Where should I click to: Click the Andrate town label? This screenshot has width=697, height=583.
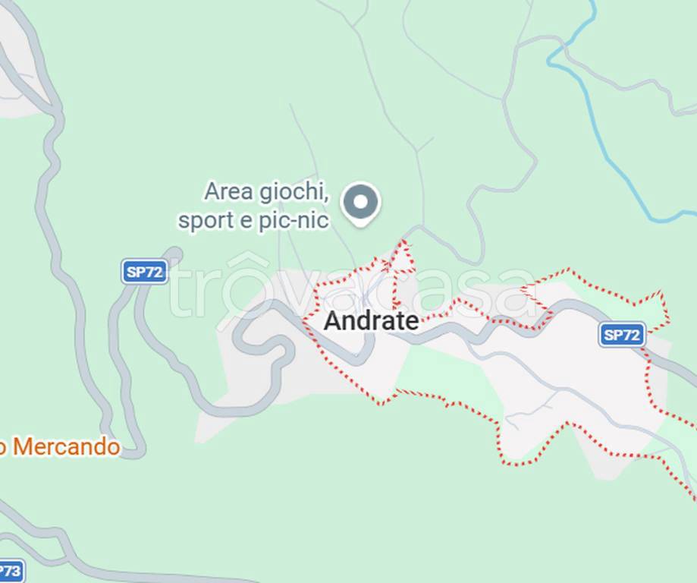coord(371,321)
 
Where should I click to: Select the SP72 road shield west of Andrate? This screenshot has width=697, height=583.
coord(144,272)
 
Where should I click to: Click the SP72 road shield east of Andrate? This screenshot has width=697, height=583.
coord(622,334)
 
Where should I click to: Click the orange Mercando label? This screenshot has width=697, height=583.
coord(65,447)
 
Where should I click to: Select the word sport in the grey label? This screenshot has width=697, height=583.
coord(204,221)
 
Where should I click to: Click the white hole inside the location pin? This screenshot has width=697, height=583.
coord(361,201)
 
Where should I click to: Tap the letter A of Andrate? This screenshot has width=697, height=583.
coord(331,321)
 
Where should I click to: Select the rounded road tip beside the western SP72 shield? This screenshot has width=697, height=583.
coord(174,254)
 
